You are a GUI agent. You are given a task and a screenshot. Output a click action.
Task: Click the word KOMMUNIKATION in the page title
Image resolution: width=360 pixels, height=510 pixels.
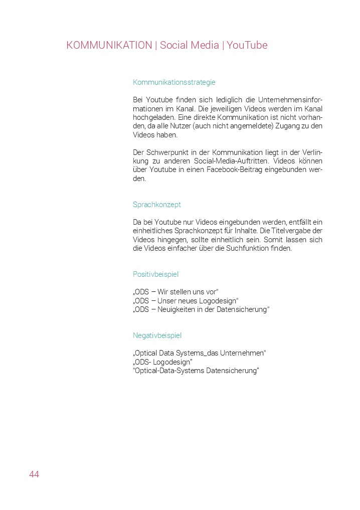pyautogui.click(x=109, y=45)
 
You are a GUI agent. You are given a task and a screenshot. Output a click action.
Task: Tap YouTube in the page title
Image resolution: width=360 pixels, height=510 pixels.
pyautogui.click(x=247, y=45)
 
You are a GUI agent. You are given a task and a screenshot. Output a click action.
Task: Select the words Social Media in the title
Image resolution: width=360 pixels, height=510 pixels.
pyautogui.click(x=189, y=45)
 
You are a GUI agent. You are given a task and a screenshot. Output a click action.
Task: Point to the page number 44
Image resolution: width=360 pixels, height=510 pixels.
pyautogui.click(x=34, y=474)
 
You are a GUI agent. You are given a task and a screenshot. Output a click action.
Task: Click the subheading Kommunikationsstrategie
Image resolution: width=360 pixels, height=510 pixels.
pyautogui.click(x=174, y=82)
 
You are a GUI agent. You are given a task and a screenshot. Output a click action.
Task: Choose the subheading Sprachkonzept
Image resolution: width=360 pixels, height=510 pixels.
pyautogui.click(x=157, y=205)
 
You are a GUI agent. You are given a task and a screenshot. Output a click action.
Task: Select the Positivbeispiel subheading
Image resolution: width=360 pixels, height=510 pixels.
pyautogui.click(x=155, y=274)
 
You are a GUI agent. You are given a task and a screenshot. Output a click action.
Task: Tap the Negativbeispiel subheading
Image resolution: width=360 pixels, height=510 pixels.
pyautogui.click(x=157, y=335)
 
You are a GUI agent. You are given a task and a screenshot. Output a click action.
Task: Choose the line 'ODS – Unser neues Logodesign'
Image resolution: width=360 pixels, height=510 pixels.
pyautogui.click(x=186, y=301)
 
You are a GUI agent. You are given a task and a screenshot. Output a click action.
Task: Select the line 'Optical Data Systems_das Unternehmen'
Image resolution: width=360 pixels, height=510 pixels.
pyautogui.click(x=199, y=353)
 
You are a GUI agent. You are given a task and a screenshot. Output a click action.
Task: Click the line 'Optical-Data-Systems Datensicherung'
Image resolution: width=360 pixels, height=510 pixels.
pyautogui.click(x=196, y=371)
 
